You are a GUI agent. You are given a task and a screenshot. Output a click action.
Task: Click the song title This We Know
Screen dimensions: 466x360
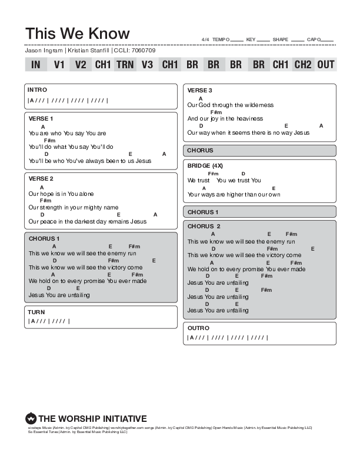(78, 34)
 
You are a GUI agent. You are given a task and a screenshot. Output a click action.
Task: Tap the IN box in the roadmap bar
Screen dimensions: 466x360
(36, 65)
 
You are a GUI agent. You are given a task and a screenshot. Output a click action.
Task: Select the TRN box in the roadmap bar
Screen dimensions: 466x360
(125, 65)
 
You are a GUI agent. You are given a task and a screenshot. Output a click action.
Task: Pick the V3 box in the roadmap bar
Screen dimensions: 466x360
(147, 65)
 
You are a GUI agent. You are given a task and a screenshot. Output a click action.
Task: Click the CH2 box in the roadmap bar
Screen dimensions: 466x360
(303, 65)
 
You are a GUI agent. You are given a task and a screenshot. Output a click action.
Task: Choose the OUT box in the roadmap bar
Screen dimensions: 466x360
(325, 65)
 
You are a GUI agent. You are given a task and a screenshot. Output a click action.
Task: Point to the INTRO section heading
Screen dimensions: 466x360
(38, 91)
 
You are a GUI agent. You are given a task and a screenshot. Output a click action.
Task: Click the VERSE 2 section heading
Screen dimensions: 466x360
(41, 178)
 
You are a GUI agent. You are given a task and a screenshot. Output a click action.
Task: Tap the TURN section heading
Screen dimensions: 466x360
(36, 312)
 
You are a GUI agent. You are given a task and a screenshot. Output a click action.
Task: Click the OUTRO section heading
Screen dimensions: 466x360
(198, 328)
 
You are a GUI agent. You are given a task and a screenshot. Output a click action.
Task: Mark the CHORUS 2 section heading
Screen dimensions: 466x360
(204, 226)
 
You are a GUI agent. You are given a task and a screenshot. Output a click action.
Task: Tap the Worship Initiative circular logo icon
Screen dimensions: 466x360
(31, 419)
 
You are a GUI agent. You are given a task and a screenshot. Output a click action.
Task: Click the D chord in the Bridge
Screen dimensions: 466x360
(243, 174)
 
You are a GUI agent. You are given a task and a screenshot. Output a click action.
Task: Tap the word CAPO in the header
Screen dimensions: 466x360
(314, 39)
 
